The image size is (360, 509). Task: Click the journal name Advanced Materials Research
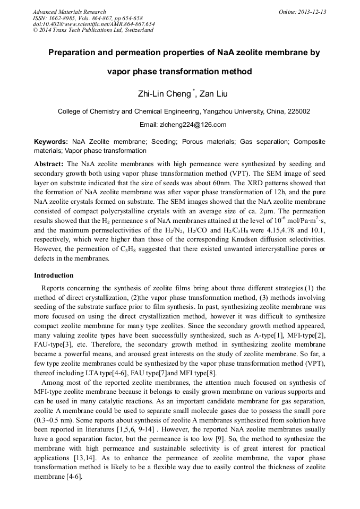point(69,12)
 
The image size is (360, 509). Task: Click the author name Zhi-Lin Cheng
point(165,94)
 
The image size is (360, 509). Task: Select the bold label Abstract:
point(49,165)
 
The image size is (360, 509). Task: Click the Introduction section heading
point(54,275)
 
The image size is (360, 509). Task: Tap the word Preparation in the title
point(78,53)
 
